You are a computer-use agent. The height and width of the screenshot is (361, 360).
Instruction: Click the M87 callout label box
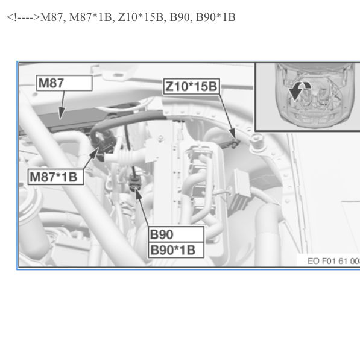pos(65,83)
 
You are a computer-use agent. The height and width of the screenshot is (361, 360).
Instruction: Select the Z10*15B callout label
pos(191,87)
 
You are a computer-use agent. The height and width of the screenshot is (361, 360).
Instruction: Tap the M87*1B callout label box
pos(55,177)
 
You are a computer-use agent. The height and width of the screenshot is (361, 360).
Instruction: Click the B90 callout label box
pos(176,234)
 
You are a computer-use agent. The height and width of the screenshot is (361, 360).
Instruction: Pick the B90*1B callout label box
pos(176,250)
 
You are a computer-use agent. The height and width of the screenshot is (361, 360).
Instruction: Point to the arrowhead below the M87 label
pos(61,113)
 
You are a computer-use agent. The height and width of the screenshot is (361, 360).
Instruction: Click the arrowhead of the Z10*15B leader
pos(233,134)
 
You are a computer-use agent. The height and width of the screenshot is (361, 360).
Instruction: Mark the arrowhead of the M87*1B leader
pos(94,153)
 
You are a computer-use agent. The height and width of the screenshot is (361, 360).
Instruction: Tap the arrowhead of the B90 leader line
pos(137,193)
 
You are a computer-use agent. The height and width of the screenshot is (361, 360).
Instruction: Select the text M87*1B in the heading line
pos(90,17)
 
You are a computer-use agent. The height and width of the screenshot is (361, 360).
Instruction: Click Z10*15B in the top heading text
pos(141,17)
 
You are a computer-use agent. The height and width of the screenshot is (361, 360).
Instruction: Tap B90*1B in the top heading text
pos(216,17)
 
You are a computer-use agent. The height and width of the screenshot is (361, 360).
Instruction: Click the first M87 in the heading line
pos(51,17)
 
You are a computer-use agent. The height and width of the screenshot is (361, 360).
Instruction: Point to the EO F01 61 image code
pos(333,261)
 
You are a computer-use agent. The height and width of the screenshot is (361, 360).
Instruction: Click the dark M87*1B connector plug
pos(101,142)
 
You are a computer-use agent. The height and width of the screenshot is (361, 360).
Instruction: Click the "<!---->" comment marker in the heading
pos(24,17)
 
